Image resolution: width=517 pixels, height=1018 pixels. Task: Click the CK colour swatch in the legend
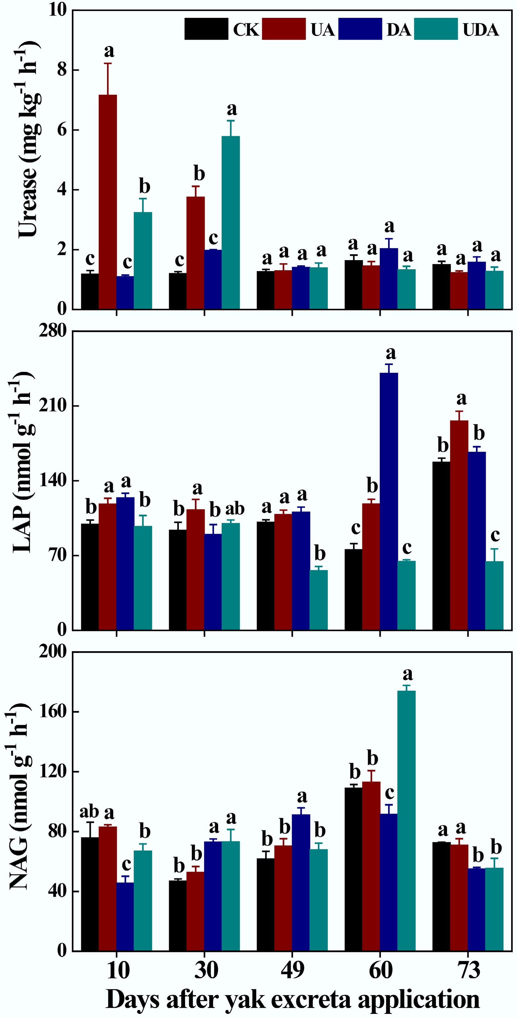(206, 29)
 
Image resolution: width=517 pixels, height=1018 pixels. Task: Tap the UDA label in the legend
(480, 30)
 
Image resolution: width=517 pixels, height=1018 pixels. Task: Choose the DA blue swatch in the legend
(360, 29)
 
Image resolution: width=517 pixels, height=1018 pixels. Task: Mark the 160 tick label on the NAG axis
(53, 711)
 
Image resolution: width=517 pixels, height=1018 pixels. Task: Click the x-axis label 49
(292, 971)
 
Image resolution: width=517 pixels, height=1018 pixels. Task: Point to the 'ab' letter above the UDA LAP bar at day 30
(235, 509)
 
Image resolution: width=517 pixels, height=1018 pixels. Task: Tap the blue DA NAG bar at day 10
(125, 917)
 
